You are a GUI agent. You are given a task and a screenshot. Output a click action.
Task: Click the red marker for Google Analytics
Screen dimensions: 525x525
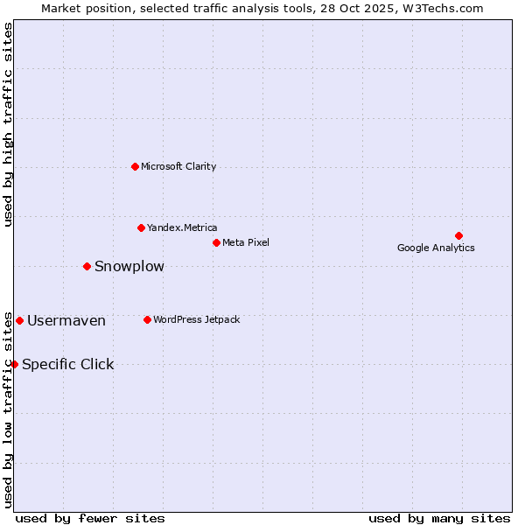point(458,235)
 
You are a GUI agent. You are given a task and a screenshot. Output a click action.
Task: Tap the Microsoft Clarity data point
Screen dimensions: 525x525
point(135,166)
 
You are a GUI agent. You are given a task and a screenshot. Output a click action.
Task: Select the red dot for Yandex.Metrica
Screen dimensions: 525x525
point(141,227)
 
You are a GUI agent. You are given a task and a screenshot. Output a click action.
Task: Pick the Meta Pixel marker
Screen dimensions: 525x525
point(216,242)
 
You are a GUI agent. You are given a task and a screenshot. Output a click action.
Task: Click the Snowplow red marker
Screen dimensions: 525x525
point(87,266)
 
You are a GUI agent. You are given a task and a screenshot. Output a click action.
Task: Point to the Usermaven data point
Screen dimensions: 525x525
point(19,320)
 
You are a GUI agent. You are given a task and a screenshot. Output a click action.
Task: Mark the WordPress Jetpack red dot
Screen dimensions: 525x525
point(147,319)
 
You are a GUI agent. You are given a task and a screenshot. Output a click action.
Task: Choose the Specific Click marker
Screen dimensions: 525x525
point(14,364)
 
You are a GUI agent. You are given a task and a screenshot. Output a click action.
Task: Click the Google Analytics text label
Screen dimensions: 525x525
point(436,248)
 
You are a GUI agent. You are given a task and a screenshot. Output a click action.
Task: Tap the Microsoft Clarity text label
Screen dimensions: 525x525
point(178,166)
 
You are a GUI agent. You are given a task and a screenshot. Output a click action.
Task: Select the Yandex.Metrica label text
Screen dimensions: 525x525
point(182,227)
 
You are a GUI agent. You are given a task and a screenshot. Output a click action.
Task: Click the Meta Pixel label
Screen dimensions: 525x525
point(246,242)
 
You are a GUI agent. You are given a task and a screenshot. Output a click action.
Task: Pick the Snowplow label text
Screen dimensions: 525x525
point(129,266)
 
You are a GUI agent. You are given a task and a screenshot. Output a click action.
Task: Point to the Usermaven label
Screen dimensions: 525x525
point(66,320)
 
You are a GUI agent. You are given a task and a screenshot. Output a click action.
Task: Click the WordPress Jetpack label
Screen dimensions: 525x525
point(196,319)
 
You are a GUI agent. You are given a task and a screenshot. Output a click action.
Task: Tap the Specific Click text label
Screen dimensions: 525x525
point(68,364)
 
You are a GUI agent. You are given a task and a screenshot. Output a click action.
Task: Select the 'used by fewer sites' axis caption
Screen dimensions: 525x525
point(90,518)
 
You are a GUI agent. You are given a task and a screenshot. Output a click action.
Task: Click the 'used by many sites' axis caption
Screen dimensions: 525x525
point(439,518)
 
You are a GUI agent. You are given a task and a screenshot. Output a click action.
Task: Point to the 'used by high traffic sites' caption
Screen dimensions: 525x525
point(8,124)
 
